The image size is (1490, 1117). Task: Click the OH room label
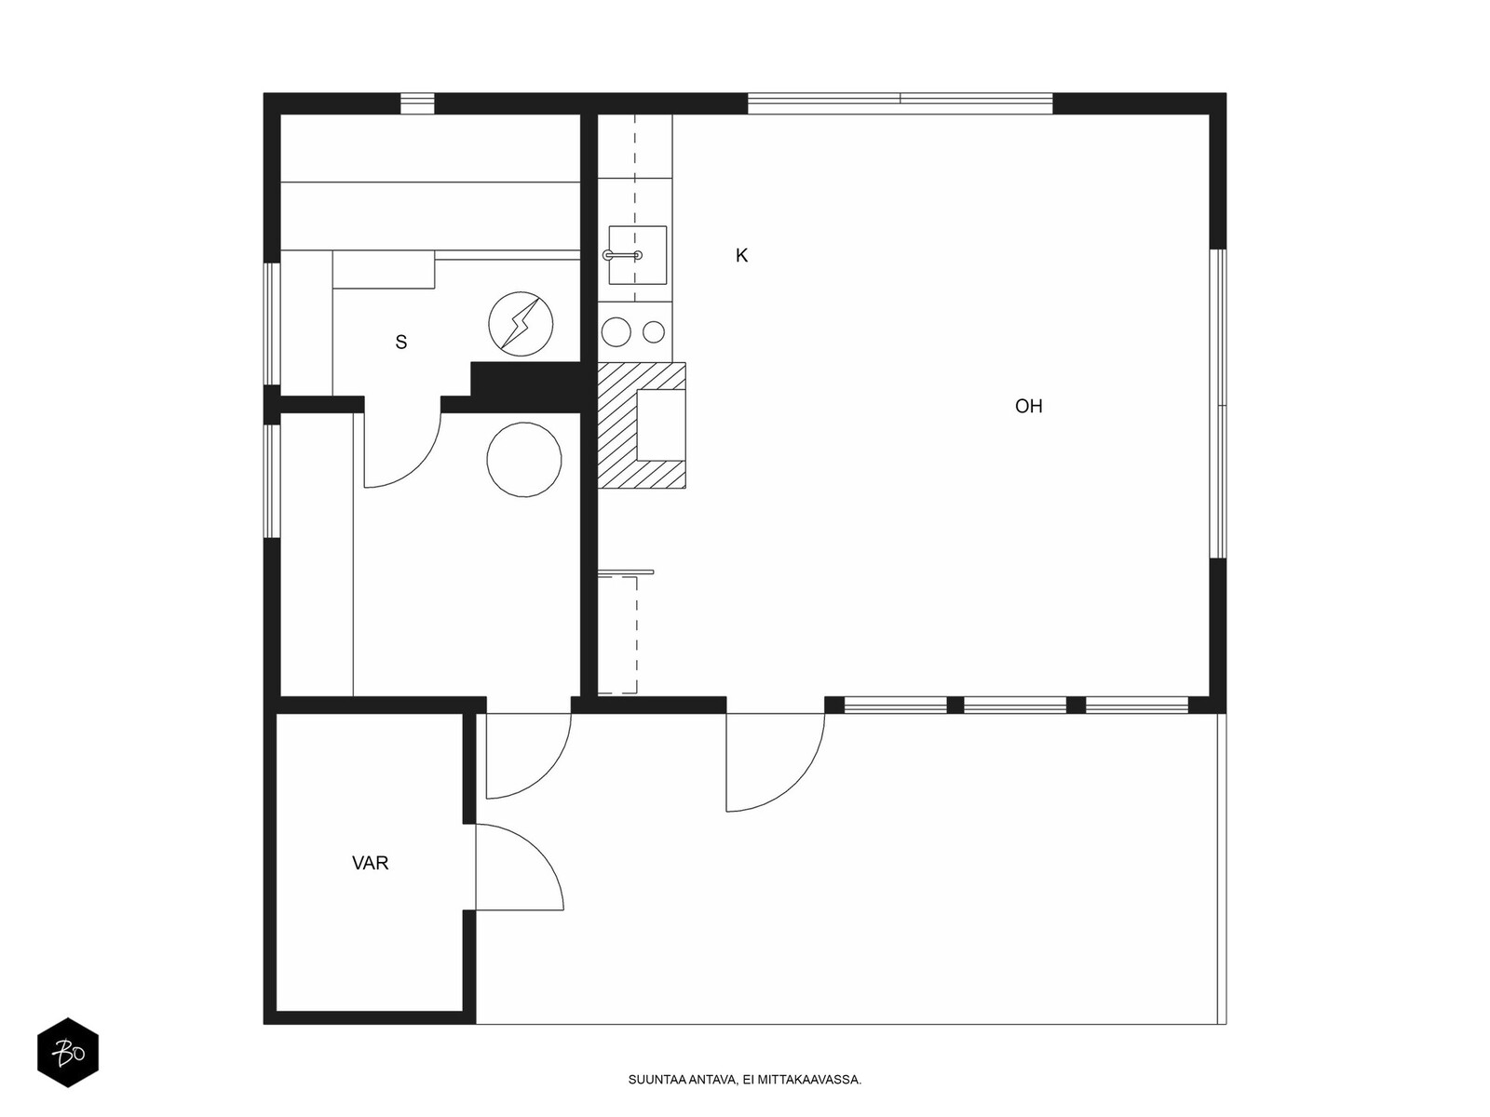click(1028, 406)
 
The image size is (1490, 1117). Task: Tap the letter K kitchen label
click(741, 256)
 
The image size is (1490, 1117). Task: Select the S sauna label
click(401, 343)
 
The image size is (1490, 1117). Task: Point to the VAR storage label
click(370, 864)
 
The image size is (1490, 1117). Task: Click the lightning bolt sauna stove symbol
click(521, 324)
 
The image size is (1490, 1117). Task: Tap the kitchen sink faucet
click(622, 256)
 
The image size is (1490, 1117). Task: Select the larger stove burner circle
click(616, 332)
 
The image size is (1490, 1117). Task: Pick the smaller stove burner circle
click(654, 331)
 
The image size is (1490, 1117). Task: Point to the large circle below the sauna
click(524, 460)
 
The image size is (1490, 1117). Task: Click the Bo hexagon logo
click(68, 1053)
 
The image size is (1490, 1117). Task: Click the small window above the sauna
click(417, 103)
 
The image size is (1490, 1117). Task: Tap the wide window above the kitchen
click(901, 103)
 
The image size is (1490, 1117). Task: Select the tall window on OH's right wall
click(1218, 404)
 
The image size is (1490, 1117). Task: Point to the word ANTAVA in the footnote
click(712, 1081)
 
